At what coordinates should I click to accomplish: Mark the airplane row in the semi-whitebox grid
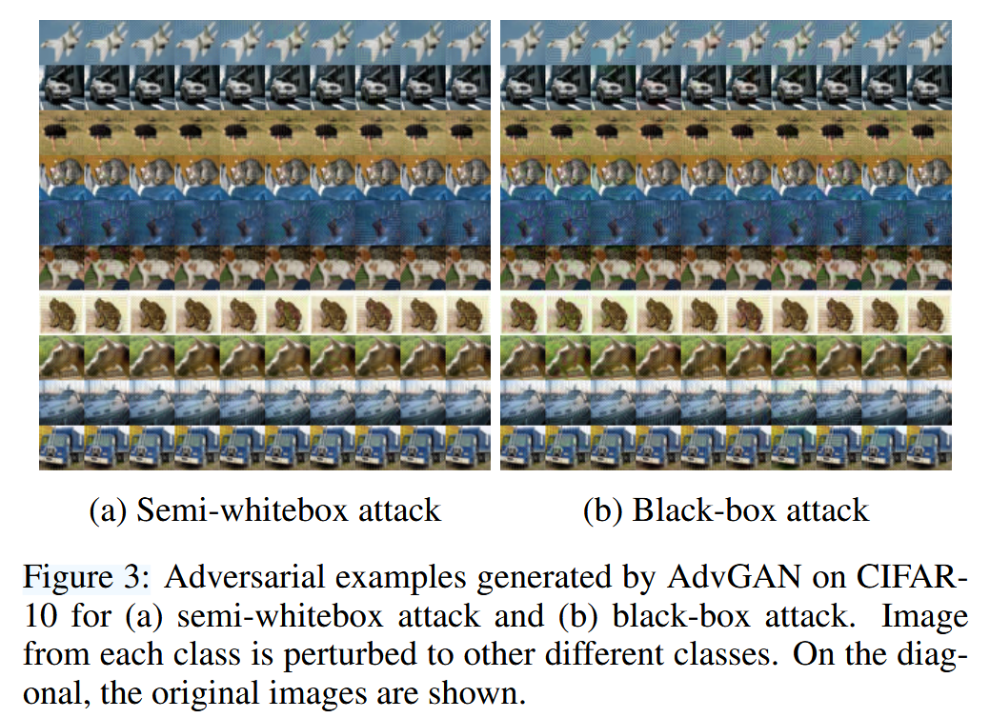pos(264,41)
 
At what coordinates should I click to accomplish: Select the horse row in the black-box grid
pos(725,357)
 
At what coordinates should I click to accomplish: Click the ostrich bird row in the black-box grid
pos(725,130)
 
